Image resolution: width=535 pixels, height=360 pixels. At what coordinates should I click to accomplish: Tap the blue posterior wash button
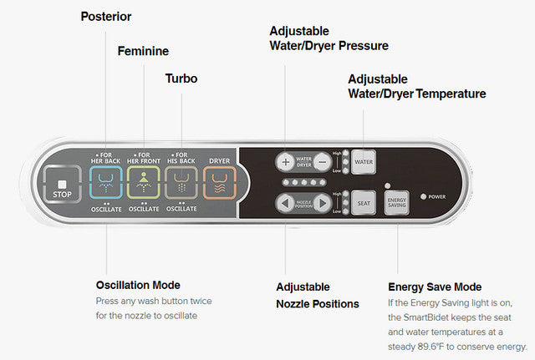pyautogui.click(x=106, y=182)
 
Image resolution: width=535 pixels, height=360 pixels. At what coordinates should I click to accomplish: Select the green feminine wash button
pyautogui.click(x=144, y=182)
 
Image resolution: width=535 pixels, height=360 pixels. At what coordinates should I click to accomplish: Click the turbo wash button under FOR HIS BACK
pyautogui.click(x=181, y=182)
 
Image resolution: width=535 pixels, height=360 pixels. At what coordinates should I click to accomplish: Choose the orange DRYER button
pyautogui.click(x=219, y=182)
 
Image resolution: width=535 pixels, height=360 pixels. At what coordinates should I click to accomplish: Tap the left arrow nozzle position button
pyautogui.click(x=286, y=203)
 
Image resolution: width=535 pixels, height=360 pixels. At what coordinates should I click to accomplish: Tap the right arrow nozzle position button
pyautogui.click(x=323, y=203)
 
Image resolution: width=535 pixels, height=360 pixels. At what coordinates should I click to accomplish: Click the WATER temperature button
pyautogui.click(x=364, y=160)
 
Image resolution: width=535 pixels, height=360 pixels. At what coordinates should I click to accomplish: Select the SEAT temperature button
pyautogui.click(x=364, y=202)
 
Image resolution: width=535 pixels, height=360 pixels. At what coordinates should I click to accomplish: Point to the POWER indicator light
pyautogui.click(x=425, y=197)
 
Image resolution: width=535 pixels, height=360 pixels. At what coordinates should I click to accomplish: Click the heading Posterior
pyautogui.click(x=105, y=17)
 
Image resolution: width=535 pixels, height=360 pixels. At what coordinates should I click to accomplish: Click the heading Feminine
pyautogui.click(x=143, y=51)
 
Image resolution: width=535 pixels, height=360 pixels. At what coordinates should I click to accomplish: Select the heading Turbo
pyautogui.click(x=181, y=79)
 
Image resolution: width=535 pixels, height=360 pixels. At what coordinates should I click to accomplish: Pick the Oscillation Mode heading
pyautogui.click(x=137, y=286)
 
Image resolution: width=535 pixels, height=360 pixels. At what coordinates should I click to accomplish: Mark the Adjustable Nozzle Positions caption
pyautogui.click(x=318, y=295)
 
